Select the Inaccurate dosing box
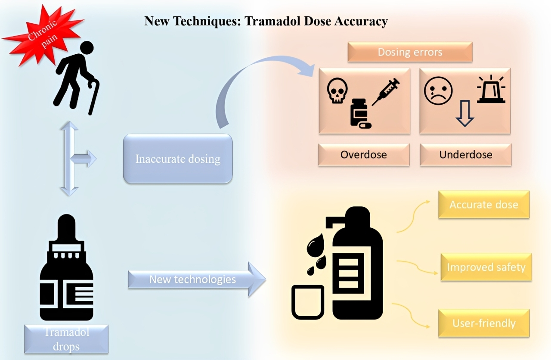[178, 159]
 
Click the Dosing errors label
[410, 52]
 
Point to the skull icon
[337, 90]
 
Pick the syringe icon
[386, 92]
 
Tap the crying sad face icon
[438, 91]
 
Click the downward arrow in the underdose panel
[464, 113]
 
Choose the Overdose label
[364, 155]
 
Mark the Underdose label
[466, 155]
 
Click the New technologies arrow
[197, 279]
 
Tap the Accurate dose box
[484, 205]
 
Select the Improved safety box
[486, 267]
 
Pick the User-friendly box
[484, 323]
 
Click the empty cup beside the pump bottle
[308, 302]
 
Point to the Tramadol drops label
[66, 339]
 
